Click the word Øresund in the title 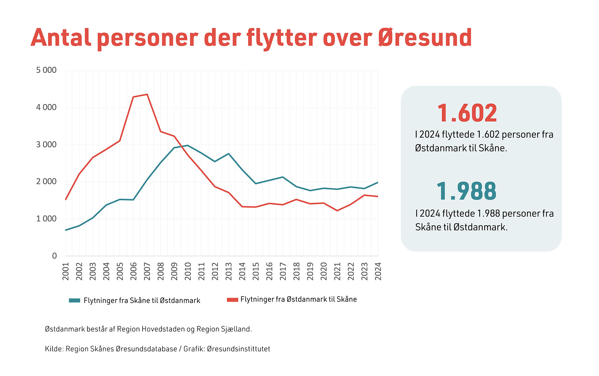(x=425, y=38)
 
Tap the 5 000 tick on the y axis (x=46, y=70)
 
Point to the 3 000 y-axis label (x=46, y=145)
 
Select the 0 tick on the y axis (x=54, y=256)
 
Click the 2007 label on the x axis (x=147, y=271)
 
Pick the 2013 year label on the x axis (x=229, y=271)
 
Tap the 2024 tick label (x=378, y=271)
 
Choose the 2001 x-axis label (x=66, y=271)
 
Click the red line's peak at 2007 (x=147, y=94)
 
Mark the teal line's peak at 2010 (x=187, y=145)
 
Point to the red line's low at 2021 (x=337, y=211)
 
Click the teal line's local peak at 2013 (x=229, y=154)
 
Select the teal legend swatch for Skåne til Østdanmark (x=75, y=301)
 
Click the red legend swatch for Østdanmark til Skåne (x=232, y=300)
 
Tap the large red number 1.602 (x=467, y=113)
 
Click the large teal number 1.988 (x=466, y=191)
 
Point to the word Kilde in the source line (x=54, y=349)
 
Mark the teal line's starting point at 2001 (x=66, y=230)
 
